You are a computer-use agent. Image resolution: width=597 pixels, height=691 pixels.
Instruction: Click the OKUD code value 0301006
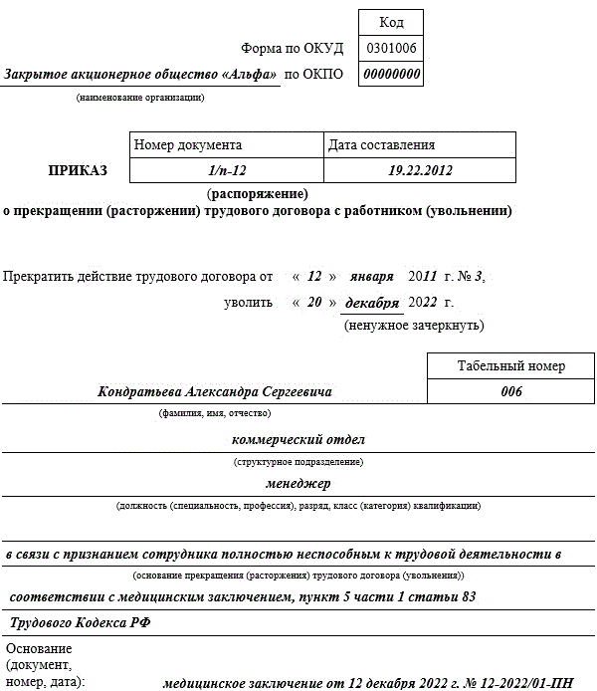(391, 48)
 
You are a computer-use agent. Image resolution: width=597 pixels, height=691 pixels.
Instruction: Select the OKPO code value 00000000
(391, 75)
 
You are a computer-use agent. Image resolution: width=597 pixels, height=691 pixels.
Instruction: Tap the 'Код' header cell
(391, 22)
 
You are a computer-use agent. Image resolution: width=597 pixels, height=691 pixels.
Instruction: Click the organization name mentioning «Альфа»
(140, 75)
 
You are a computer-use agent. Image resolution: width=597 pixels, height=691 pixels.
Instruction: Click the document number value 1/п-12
(227, 170)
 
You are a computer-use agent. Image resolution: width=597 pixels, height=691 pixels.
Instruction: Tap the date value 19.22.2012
(420, 170)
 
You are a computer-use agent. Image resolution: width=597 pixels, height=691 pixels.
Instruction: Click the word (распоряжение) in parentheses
(257, 193)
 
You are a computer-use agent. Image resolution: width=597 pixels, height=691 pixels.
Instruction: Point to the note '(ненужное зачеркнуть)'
(413, 325)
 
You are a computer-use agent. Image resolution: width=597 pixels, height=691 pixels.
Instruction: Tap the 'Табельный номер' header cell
(510, 366)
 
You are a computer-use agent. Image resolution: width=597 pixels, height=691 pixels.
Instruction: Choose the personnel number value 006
(510, 391)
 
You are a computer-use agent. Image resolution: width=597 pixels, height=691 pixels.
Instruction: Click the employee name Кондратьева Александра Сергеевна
(214, 391)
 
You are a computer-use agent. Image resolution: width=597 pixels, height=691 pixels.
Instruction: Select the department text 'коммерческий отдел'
(298, 439)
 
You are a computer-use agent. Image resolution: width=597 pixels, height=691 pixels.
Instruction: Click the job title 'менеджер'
(298, 484)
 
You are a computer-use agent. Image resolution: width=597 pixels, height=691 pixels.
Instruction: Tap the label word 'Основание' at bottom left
(39, 648)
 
